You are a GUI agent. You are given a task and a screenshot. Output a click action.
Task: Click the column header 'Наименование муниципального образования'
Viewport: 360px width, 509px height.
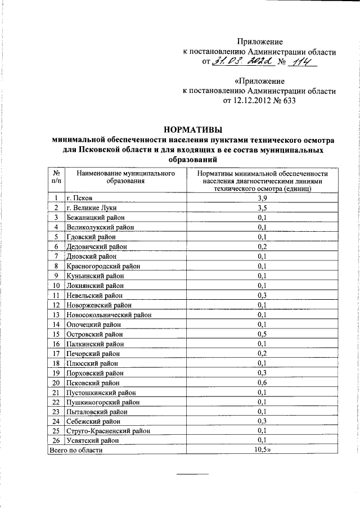coord(124,177)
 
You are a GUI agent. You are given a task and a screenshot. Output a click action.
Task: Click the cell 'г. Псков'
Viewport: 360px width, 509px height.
coord(83,198)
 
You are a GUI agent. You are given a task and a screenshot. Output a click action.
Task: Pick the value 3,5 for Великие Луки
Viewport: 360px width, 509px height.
coord(262,208)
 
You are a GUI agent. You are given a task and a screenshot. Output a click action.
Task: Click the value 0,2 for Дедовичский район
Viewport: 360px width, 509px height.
coord(262,246)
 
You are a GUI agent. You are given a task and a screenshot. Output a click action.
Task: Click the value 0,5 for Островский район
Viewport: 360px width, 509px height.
coord(262,334)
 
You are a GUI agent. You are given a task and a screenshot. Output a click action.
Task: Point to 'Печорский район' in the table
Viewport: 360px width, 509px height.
coord(94,353)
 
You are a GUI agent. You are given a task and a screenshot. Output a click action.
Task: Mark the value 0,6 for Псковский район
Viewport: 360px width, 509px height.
coord(262,382)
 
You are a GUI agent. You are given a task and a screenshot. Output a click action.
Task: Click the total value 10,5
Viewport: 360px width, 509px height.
coord(263,450)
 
